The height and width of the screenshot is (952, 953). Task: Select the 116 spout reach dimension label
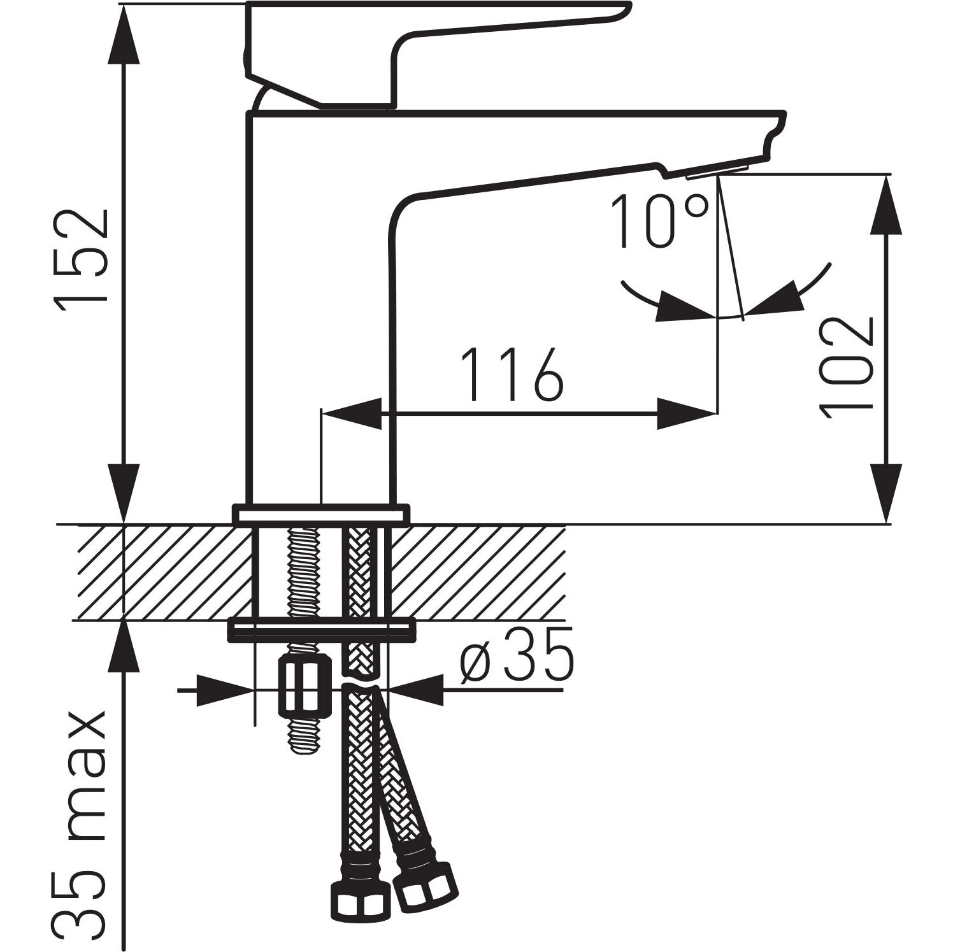pyautogui.click(x=513, y=376)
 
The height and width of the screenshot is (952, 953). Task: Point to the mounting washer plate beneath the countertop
pyautogui.click(x=321, y=629)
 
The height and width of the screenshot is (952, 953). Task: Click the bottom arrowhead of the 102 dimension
pyautogui.click(x=886, y=494)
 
